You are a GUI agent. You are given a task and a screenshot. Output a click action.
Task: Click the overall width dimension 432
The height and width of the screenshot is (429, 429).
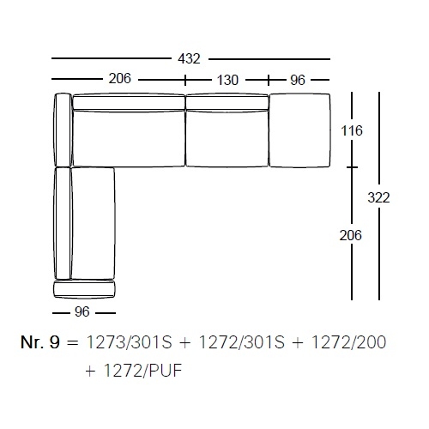coord(189,59)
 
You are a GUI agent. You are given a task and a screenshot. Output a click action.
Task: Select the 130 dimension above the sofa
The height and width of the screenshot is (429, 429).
coord(227,80)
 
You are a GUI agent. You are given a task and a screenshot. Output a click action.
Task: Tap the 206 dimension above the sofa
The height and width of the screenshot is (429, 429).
coord(120,78)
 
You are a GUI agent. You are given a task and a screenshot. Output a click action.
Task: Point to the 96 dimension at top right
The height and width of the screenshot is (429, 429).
coord(298,80)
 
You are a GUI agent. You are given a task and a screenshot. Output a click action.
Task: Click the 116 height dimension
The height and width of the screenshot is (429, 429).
coord(352,130)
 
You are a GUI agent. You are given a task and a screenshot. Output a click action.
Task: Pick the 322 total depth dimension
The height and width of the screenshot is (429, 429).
coord(378,197)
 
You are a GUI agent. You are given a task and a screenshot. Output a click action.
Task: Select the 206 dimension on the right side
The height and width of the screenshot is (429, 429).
coord(351,235)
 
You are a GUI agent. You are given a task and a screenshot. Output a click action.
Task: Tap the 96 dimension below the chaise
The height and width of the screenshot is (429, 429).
coord(82,311)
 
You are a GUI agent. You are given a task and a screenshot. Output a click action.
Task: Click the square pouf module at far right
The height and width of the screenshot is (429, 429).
coord(299,130)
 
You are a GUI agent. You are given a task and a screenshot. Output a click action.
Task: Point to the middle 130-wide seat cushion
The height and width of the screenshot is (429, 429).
coord(227,138)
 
